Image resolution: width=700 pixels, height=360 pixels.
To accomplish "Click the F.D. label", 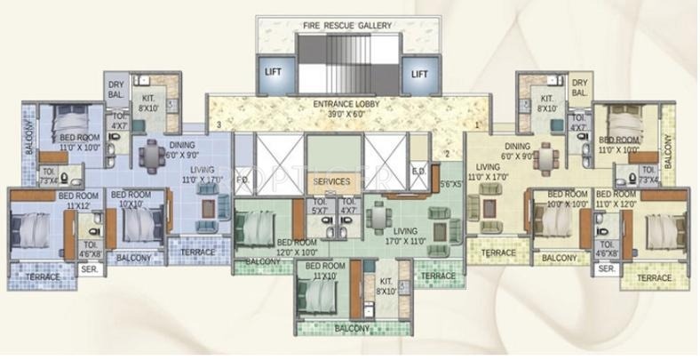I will click(242, 180).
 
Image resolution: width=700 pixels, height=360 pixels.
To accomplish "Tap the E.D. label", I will click(418, 172).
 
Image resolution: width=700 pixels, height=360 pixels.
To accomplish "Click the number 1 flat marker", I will click(476, 125).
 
